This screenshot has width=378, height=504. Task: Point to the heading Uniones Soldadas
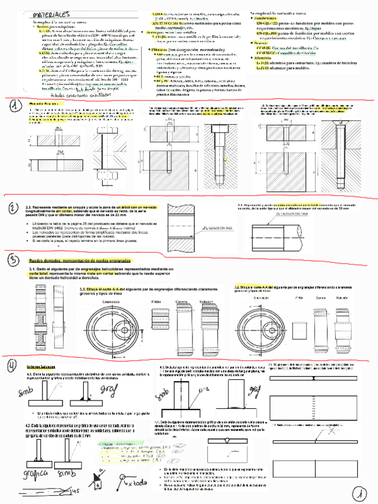40,367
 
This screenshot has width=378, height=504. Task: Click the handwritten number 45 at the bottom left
75,492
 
